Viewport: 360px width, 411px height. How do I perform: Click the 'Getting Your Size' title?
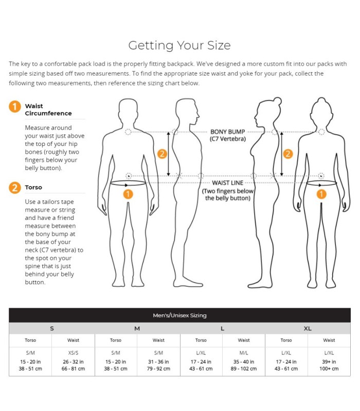point(179,45)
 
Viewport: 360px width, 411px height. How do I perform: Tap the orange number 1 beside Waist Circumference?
point(15,107)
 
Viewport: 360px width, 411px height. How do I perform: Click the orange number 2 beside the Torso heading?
point(15,188)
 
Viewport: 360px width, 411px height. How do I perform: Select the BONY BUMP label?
point(227,132)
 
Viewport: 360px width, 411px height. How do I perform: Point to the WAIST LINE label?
point(227,183)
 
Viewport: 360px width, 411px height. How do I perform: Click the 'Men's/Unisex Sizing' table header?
point(179,315)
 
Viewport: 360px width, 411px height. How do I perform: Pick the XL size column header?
point(308,328)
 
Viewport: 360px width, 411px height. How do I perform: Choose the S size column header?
point(52,328)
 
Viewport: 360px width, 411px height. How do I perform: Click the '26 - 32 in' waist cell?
point(73,362)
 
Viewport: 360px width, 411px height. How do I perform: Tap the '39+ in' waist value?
point(329,362)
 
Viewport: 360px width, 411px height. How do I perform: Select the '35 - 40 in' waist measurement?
point(244,362)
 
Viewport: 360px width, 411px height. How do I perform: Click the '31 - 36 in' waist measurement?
point(158,362)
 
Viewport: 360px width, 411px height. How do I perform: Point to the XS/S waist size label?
point(73,353)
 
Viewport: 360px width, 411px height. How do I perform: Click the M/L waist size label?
point(244,353)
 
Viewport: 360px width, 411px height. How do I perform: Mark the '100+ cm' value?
point(329,368)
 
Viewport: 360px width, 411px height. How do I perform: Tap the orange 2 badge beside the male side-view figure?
point(162,154)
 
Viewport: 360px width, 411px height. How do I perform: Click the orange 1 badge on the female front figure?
point(321,194)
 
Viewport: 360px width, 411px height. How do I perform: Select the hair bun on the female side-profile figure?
point(277,101)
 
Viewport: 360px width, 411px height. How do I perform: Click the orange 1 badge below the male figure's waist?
point(128,194)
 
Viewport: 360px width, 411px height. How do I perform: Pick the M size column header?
point(137,328)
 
